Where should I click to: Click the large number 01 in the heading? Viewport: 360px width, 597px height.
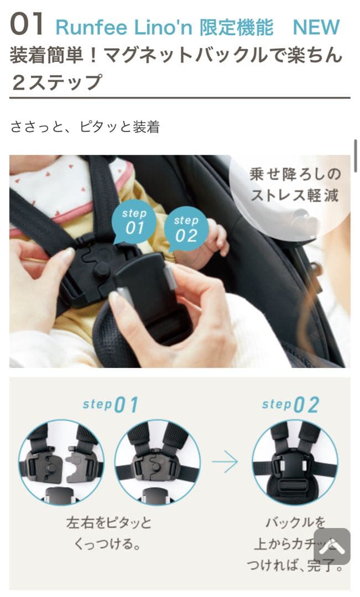pyautogui.click(x=27, y=25)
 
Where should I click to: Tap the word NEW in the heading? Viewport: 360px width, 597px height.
pyautogui.click(x=316, y=27)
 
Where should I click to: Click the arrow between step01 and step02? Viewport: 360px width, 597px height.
pyautogui.click(x=225, y=463)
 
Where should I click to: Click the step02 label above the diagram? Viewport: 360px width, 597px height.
pyautogui.click(x=290, y=405)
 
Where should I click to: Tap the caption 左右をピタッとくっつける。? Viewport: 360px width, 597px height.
pyautogui.click(x=108, y=533)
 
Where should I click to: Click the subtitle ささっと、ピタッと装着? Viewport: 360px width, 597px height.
pyautogui.click(x=85, y=127)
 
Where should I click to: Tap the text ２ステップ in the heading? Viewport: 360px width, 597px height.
pyautogui.click(x=56, y=82)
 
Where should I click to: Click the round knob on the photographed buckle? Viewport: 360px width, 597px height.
pyautogui.click(x=101, y=270)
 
